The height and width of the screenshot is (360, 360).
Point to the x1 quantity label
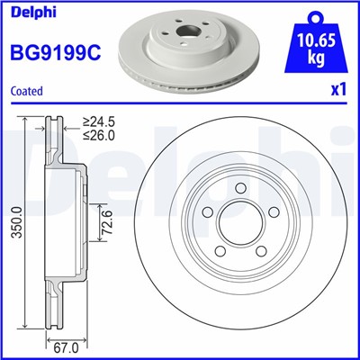click(339, 91)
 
